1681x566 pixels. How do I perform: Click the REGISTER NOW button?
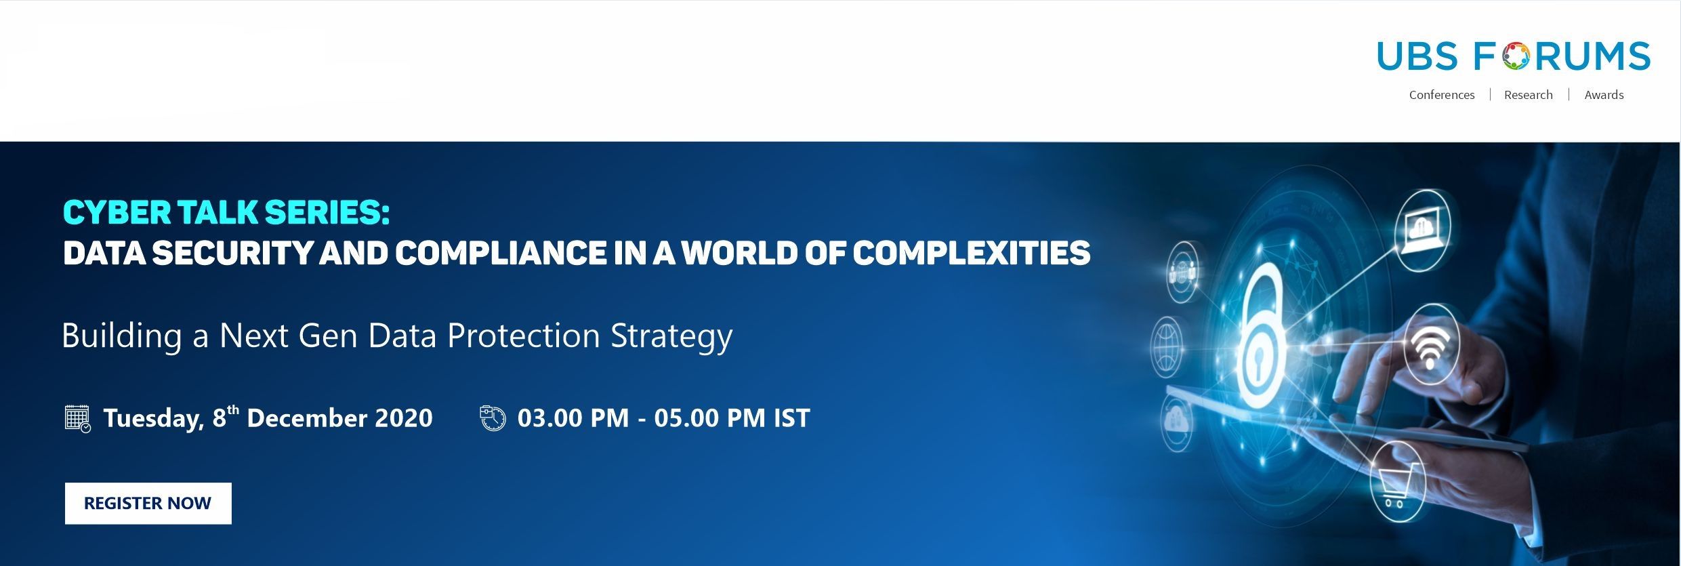tap(148, 503)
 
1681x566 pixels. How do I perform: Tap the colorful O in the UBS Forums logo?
tap(1516, 56)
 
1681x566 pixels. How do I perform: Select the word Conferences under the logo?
tap(1442, 95)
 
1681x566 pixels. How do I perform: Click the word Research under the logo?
tap(1528, 95)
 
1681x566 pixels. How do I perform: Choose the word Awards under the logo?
tap(1604, 95)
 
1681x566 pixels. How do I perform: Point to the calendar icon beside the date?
tap(78, 418)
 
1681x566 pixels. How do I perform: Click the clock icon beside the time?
tap(493, 418)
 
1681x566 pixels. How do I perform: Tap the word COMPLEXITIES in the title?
tap(972, 254)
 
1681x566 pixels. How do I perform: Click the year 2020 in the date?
tap(404, 418)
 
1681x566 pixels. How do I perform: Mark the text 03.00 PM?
tap(573, 418)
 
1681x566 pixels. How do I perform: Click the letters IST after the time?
tap(791, 418)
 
